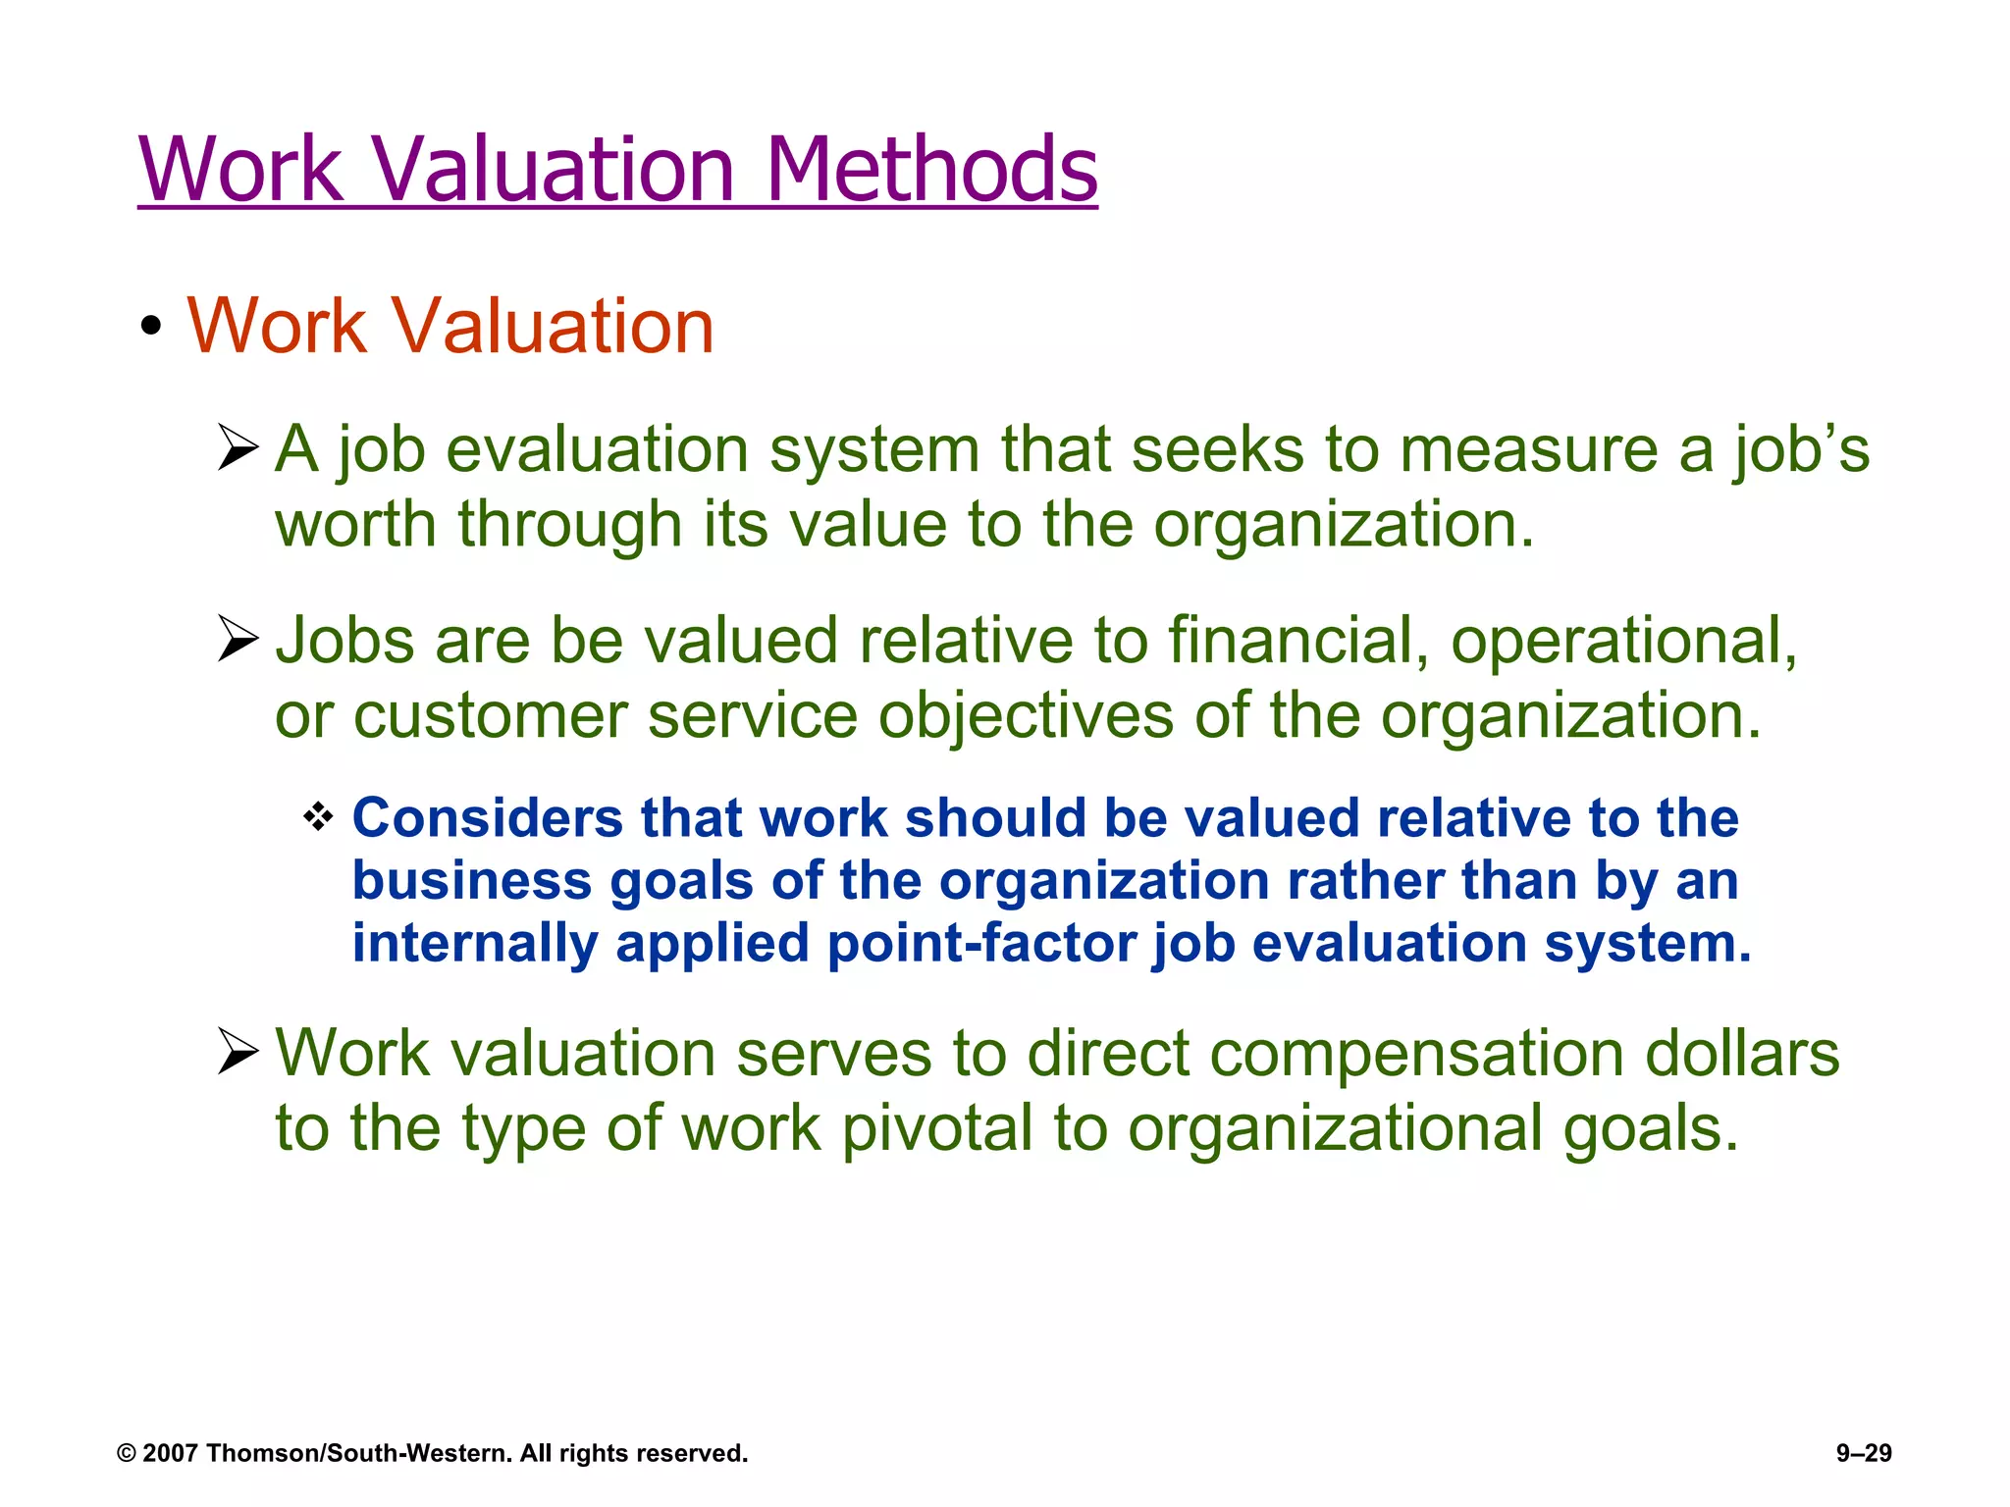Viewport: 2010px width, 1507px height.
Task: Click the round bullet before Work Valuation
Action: pos(150,328)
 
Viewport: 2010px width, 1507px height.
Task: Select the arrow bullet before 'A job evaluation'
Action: pos(238,448)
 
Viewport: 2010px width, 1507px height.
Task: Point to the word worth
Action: pos(355,524)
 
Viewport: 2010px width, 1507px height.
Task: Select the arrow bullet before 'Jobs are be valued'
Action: pos(238,640)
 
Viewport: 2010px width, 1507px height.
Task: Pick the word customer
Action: pos(490,715)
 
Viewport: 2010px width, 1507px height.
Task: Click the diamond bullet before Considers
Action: pos(318,816)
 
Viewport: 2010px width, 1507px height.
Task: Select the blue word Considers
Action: pos(487,818)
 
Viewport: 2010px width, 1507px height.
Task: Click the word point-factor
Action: pos(981,944)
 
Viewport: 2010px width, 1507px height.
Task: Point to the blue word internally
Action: pos(475,944)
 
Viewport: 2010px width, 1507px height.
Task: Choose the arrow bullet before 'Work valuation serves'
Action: pos(238,1053)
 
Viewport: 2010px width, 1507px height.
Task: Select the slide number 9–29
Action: pos(1864,1453)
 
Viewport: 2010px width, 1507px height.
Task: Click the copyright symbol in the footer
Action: pos(127,1454)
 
